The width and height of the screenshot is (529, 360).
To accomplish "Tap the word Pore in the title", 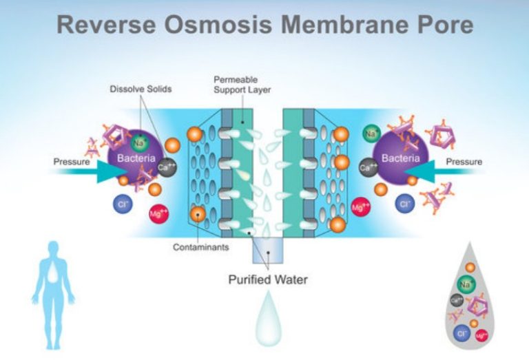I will click(442, 25).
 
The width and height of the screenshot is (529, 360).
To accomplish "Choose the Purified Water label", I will click(268, 280).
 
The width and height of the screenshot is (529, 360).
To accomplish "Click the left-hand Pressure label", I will click(72, 162).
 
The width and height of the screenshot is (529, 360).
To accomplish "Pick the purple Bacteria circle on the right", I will click(400, 158).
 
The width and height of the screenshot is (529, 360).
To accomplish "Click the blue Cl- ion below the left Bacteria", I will click(122, 204).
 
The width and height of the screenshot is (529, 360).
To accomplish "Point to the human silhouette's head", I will click(53, 249).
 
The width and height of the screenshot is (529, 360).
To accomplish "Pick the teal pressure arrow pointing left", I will click(429, 174).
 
